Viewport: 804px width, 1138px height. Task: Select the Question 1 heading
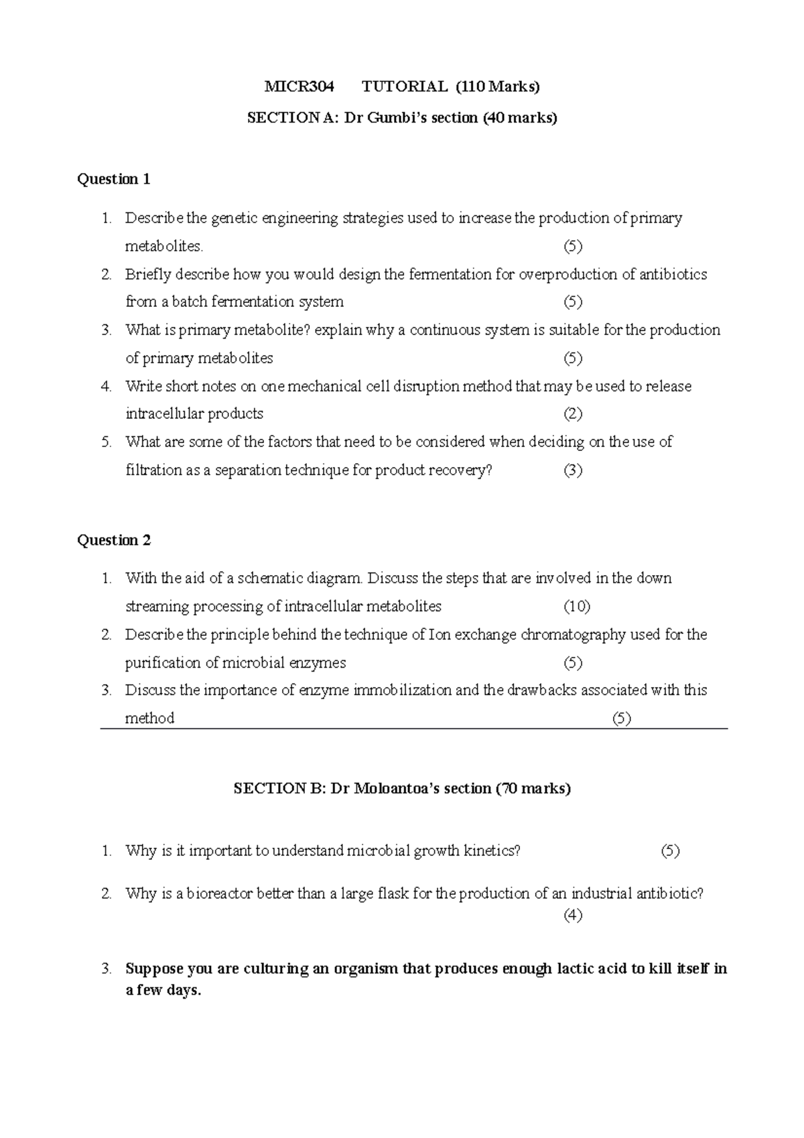coord(114,179)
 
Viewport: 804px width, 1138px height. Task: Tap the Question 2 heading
coord(114,540)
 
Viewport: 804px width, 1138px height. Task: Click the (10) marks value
coord(576,607)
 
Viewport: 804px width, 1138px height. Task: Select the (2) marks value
coord(573,414)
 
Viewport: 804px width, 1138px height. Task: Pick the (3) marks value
coord(573,470)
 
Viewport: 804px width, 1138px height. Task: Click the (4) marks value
coord(573,915)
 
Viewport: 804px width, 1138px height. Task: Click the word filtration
coord(153,470)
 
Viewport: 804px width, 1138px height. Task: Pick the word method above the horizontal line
coord(149,718)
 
